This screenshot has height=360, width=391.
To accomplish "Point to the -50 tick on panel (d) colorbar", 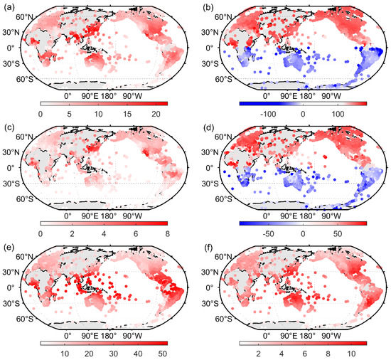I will [267, 233].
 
